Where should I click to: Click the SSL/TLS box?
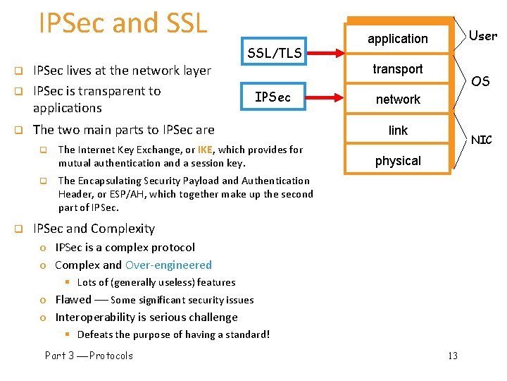tap(275, 53)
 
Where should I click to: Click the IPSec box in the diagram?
tap(273, 97)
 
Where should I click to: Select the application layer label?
tap(398, 39)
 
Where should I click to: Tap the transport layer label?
tap(398, 69)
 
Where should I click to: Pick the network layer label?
tap(398, 99)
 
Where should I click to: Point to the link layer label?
tap(398, 131)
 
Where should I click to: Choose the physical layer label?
tap(398, 161)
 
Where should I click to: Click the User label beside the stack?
tap(482, 35)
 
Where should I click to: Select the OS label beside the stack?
tap(481, 82)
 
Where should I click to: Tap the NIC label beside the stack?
tap(482, 140)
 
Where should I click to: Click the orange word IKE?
tap(205, 150)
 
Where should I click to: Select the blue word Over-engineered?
tap(168, 265)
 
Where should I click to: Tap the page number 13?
tap(452, 356)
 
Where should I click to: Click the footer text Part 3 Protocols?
tap(89, 356)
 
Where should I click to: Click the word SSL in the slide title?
tap(186, 23)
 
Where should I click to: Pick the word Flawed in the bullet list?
tap(73, 300)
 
